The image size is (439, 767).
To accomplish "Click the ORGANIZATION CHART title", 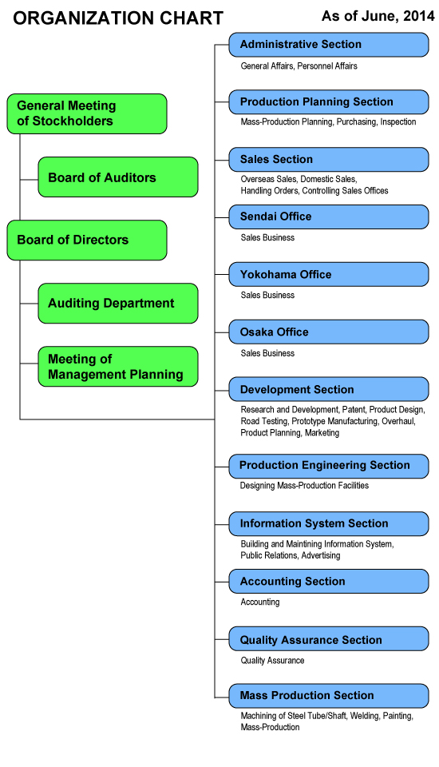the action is point(118,18).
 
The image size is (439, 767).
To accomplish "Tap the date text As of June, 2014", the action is point(378,17).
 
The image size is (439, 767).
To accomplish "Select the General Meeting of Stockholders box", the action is point(87,114).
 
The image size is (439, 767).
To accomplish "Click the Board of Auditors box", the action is point(118,177).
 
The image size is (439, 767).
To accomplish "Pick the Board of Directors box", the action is point(87,240).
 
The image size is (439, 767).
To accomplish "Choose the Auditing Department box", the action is point(118,304).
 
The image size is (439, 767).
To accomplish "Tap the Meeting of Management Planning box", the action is point(118,367).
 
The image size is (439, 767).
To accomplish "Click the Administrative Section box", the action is point(329,45).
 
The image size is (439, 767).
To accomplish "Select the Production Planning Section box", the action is point(329,102).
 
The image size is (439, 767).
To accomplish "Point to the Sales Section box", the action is point(329,160).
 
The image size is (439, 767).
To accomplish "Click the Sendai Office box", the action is point(329,217).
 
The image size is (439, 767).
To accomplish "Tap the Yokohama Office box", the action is point(329,274).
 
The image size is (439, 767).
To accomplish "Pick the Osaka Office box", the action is point(329,332).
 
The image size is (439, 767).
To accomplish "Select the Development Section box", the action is point(329,389).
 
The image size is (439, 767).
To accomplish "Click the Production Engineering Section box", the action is point(329,466).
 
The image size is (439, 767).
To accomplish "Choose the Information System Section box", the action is point(329,524).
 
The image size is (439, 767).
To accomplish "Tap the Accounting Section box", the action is point(329,581).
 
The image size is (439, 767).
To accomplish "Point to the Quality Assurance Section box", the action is point(329,639).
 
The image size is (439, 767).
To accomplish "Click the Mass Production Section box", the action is point(329,696).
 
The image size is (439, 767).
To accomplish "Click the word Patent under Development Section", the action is point(354,410).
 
